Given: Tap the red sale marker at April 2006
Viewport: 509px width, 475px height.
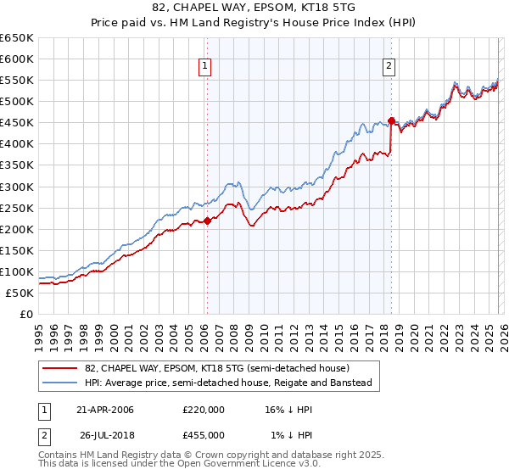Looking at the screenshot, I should (206, 221).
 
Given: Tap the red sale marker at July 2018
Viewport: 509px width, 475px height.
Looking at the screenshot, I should (391, 120).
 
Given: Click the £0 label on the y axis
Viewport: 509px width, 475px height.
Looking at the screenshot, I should (25, 314).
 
